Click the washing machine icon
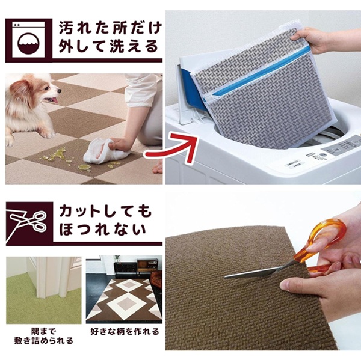point(28,40)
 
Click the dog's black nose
point(60,91)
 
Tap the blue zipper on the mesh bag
point(260,72)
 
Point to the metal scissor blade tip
point(226,276)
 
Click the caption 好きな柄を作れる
point(125,332)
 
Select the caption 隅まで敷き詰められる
point(44,336)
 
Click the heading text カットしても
point(106,212)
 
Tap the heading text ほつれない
point(103,230)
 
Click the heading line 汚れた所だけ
point(111,28)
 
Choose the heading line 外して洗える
point(108,46)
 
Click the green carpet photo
point(44,290)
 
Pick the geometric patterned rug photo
point(124,289)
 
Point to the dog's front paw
point(47,133)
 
